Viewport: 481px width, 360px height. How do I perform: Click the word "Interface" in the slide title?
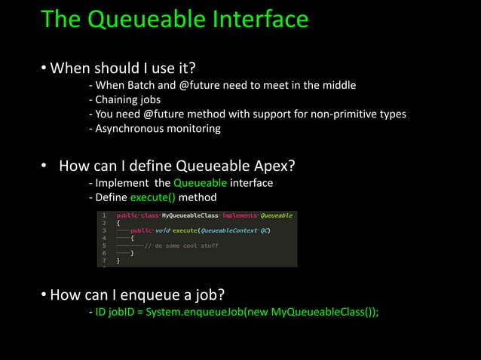pyautogui.click(x=247, y=19)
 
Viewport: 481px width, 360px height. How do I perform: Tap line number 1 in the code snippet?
pyautogui.click(x=105, y=215)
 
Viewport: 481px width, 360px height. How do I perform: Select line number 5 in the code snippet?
pyautogui.click(x=105, y=245)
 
